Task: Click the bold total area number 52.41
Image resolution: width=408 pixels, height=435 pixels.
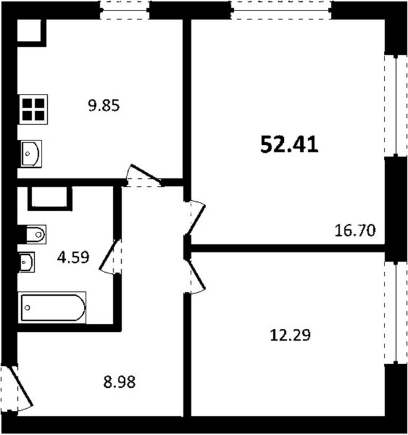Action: pyautogui.click(x=289, y=145)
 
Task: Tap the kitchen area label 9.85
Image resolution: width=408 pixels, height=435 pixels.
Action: pyautogui.click(x=104, y=106)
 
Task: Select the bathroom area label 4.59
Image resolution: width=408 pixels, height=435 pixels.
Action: pyautogui.click(x=73, y=257)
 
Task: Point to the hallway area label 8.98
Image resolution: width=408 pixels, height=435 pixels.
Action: pyautogui.click(x=119, y=382)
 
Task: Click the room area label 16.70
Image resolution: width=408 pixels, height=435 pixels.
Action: pyautogui.click(x=355, y=231)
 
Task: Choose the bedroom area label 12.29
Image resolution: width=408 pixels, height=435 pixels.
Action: pyautogui.click(x=290, y=335)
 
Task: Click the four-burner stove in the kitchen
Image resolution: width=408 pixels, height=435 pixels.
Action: pyautogui.click(x=34, y=109)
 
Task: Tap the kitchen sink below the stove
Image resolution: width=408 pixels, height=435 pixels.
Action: pyautogui.click(x=31, y=153)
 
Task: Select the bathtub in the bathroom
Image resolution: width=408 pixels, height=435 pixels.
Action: pyautogui.click(x=52, y=308)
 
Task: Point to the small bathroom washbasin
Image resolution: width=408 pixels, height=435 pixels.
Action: pyautogui.click(x=26, y=262)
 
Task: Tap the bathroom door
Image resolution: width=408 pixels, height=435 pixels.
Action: pyautogui.click(x=109, y=256)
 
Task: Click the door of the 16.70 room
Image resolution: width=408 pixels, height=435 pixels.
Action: pyautogui.click(x=196, y=217)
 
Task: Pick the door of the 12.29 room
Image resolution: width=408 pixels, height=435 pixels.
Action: pyautogui.click(x=196, y=276)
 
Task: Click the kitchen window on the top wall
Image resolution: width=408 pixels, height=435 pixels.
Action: pyautogui.click(x=125, y=11)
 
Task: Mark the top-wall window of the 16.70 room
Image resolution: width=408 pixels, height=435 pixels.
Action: pyautogui.click(x=281, y=11)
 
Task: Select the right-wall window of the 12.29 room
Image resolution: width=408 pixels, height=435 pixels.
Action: pyautogui.click(x=396, y=313)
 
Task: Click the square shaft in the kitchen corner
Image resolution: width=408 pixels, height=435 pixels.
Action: pyautogui.click(x=29, y=30)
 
